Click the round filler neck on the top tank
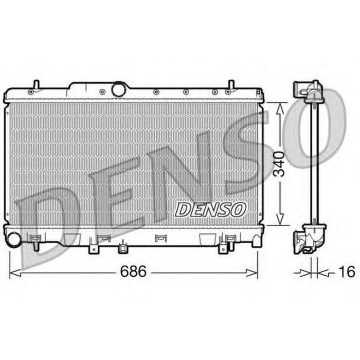pyautogui.click(x=119, y=89)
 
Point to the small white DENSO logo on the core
pyautogui.click(x=211, y=209)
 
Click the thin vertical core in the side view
pyautogui.click(x=314, y=165)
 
